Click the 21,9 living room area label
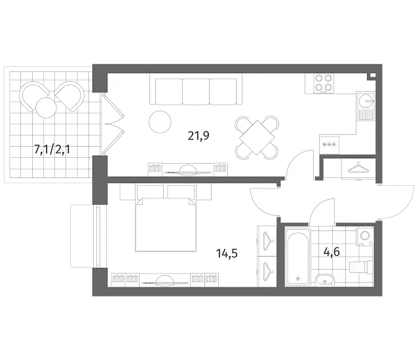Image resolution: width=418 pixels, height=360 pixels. point(199,136)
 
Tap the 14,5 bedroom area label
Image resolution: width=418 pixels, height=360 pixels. point(227,253)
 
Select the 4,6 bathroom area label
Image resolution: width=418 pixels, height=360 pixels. point(332,251)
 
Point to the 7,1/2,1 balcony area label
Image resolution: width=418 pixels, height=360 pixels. point(52,149)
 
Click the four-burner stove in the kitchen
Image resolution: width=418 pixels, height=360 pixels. point(324,83)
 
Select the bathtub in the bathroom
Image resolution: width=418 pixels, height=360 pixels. point(297,257)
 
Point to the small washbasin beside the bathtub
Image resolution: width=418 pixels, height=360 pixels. point(324,280)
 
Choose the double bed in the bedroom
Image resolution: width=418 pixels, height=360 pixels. point(166,225)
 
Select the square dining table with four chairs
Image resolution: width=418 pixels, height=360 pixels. point(257,137)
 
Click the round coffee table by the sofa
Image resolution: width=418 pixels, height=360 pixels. point(160,122)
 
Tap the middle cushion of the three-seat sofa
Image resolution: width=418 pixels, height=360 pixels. point(196,92)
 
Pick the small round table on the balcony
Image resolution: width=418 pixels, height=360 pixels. point(46,107)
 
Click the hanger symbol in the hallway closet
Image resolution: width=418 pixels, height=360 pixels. point(357,168)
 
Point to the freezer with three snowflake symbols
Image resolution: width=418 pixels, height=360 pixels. point(330,144)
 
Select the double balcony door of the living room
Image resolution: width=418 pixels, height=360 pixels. point(113,124)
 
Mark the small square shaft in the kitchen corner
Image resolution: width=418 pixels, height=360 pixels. point(372,76)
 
